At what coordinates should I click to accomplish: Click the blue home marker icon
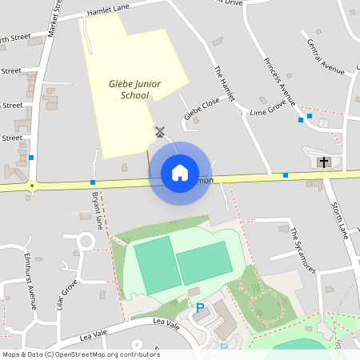coord(180,173)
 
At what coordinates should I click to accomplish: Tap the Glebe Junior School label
coord(129,89)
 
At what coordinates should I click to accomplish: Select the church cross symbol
coord(324,162)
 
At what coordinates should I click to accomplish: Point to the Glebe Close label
coord(201,110)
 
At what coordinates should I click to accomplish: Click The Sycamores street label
coord(303,250)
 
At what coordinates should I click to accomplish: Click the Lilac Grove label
coord(69,295)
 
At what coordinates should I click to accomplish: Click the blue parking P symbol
coord(200,307)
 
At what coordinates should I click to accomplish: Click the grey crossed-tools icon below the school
coord(160,131)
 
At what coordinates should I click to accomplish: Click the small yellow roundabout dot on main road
coord(32,186)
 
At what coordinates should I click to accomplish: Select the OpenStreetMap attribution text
coord(81,354)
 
